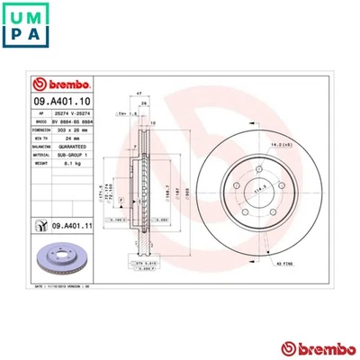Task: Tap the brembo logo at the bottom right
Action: coord(311,346)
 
